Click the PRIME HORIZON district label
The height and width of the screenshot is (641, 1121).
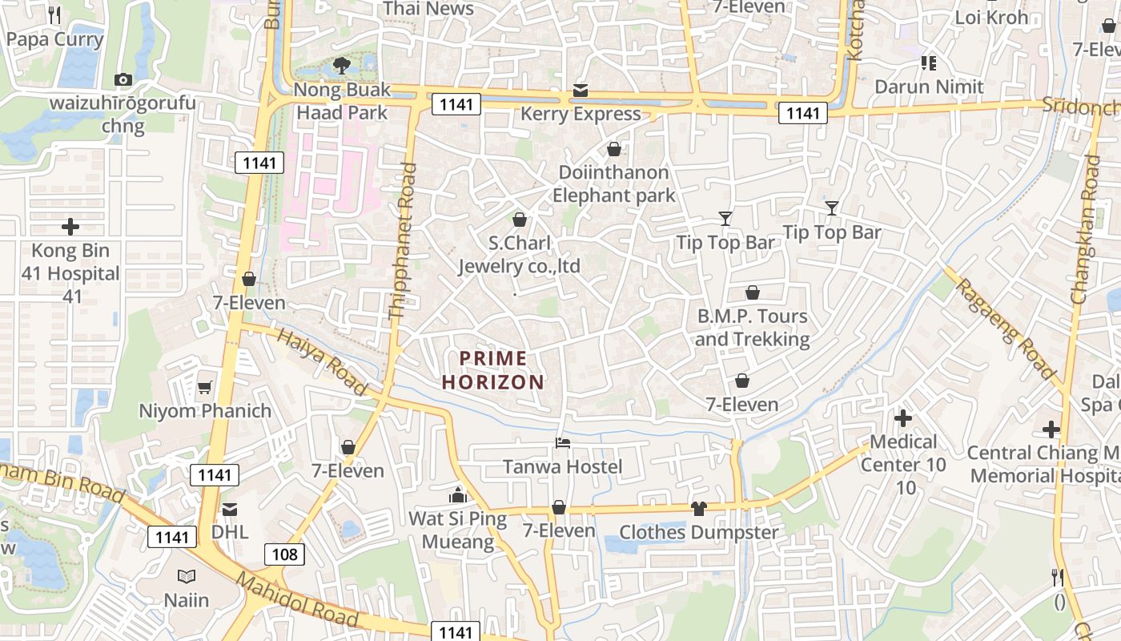point(492,370)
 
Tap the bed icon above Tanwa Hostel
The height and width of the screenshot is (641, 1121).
point(563,443)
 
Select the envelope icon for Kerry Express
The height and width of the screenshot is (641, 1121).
point(580,91)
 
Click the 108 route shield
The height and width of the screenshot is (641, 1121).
point(284,554)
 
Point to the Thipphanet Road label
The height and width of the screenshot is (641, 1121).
point(402,242)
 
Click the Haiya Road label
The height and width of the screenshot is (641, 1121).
point(322,361)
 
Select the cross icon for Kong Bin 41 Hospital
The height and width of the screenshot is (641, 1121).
point(70,227)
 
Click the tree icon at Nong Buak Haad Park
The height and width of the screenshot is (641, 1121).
point(342,65)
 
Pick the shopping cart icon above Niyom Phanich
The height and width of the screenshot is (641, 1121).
point(205,388)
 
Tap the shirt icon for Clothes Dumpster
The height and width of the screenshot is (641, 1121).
point(698,508)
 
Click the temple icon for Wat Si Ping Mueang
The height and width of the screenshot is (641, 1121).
point(458,495)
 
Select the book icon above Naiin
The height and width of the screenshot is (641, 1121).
point(187,576)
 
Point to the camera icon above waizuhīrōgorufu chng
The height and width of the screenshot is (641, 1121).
point(123,79)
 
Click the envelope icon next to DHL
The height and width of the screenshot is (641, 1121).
point(230,509)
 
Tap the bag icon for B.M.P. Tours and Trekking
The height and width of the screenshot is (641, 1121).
point(752,293)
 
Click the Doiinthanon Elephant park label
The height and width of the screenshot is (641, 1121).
point(613,183)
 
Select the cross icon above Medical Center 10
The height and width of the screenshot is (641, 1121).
point(903,418)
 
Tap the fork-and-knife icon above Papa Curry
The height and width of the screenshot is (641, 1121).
point(54,14)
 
